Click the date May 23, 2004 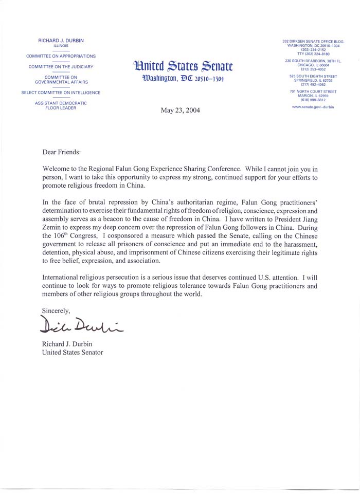tap(181, 111)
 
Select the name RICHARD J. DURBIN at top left tap(61, 40)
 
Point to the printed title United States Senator tap(73, 352)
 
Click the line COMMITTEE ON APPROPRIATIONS tap(61, 56)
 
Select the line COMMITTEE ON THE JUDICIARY tap(61, 67)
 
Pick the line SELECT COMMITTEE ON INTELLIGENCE tap(61, 93)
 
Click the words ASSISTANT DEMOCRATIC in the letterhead tap(61, 103)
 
